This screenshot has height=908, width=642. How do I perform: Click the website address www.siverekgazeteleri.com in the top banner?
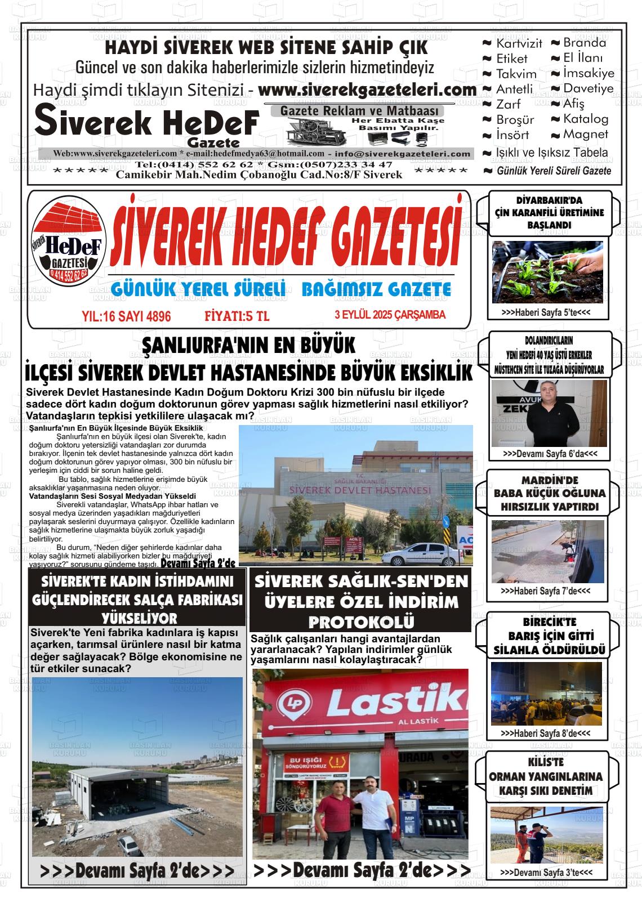click(x=367, y=90)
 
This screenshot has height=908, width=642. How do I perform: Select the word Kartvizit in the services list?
click(x=519, y=43)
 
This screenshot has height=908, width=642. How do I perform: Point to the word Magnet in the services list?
click(x=586, y=135)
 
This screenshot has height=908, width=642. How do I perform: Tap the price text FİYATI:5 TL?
click(x=237, y=316)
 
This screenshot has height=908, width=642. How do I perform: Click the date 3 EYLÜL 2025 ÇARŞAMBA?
click(x=390, y=315)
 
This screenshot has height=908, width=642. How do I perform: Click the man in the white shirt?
click(x=370, y=816)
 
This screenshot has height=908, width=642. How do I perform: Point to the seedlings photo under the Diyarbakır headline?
click(x=547, y=272)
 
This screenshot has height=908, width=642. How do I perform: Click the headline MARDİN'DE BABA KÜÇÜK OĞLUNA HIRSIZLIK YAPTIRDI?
click(x=542, y=494)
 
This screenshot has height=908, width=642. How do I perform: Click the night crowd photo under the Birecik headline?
click(x=546, y=694)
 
